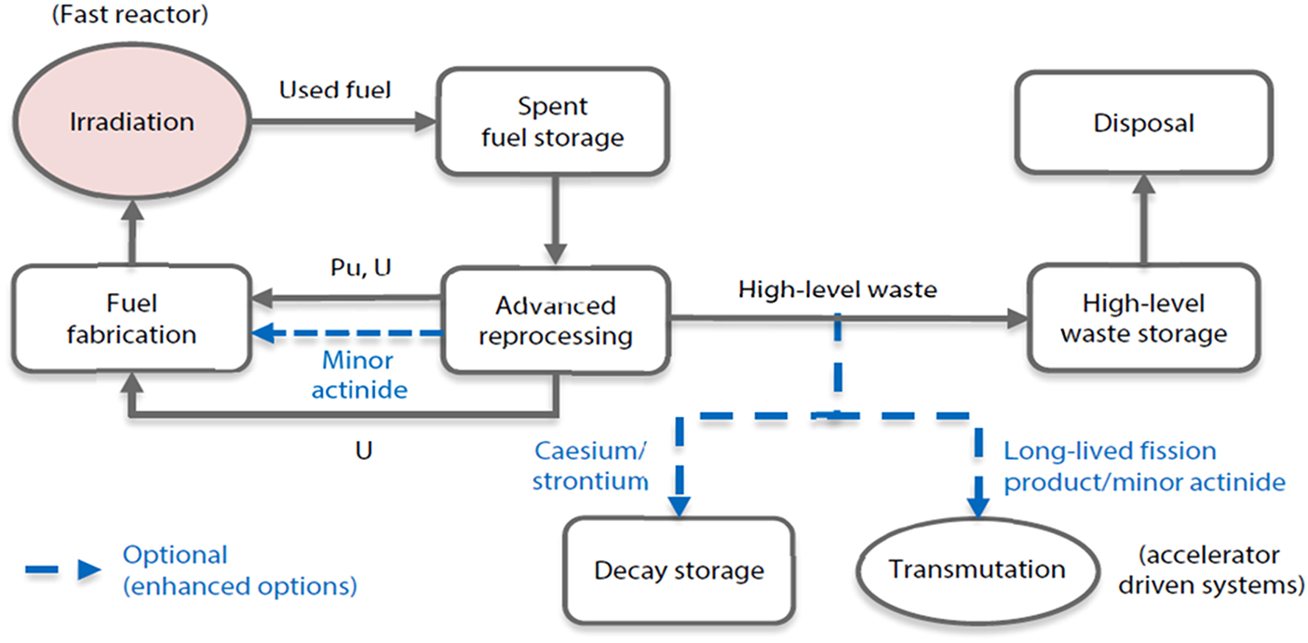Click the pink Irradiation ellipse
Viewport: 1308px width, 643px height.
tap(132, 122)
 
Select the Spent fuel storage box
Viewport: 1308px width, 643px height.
tap(552, 122)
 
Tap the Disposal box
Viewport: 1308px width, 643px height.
tap(1143, 122)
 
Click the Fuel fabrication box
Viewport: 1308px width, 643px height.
tap(132, 318)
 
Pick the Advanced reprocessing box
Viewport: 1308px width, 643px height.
tap(555, 319)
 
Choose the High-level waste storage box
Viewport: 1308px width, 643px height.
tap(1143, 318)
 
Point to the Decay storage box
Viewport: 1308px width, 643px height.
tap(679, 569)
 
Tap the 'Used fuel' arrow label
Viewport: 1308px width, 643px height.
tap(335, 91)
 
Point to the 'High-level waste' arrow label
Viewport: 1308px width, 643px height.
tap(838, 289)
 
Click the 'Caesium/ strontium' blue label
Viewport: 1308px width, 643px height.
tap(591, 466)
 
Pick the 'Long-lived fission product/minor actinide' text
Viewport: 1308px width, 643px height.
tap(1143, 466)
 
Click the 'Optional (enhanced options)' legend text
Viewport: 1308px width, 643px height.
tap(239, 570)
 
